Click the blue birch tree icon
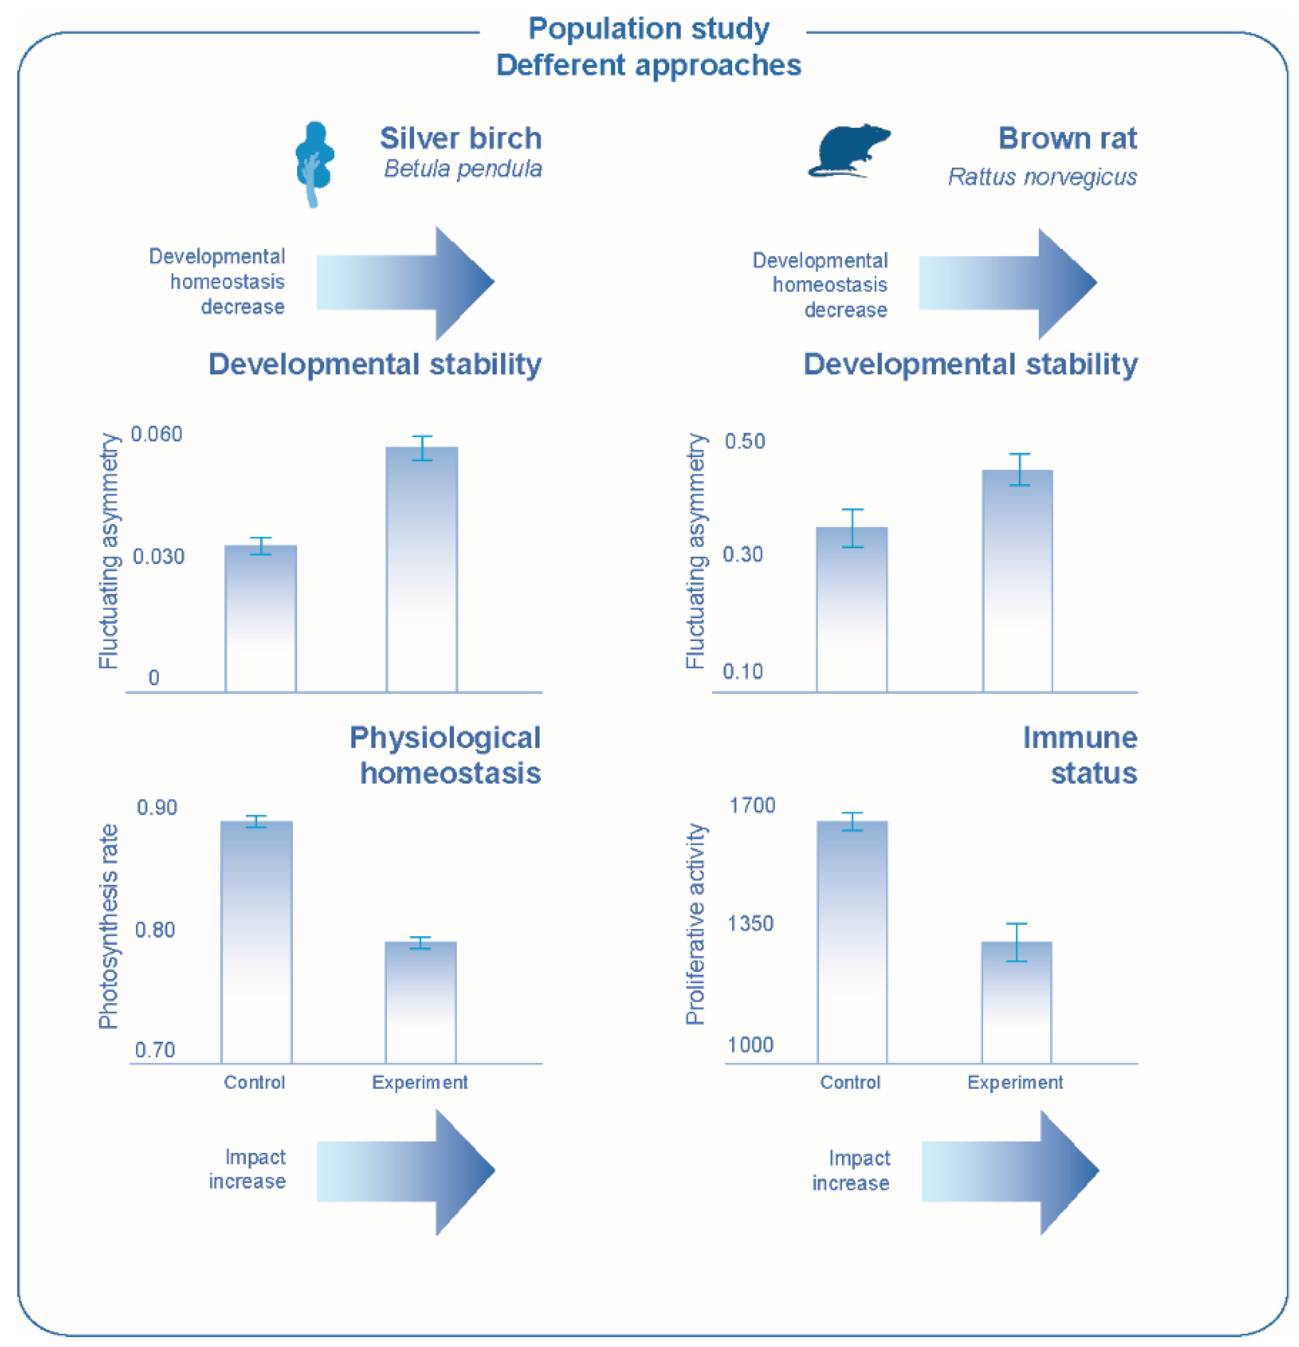tap(314, 162)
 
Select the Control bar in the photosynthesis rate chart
tap(256, 942)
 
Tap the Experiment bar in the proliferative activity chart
tap(1016, 1001)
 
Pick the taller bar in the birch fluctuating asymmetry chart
tap(421, 569)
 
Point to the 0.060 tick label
tap(157, 435)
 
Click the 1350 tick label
tap(750, 923)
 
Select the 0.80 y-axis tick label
tap(155, 930)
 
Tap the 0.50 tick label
tap(744, 441)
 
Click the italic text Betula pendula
tap(463, 169)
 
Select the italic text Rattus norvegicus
tap(1041, 177)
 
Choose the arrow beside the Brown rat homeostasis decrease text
tap(1007, 283)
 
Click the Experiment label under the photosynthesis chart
tap(419, 1082)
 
